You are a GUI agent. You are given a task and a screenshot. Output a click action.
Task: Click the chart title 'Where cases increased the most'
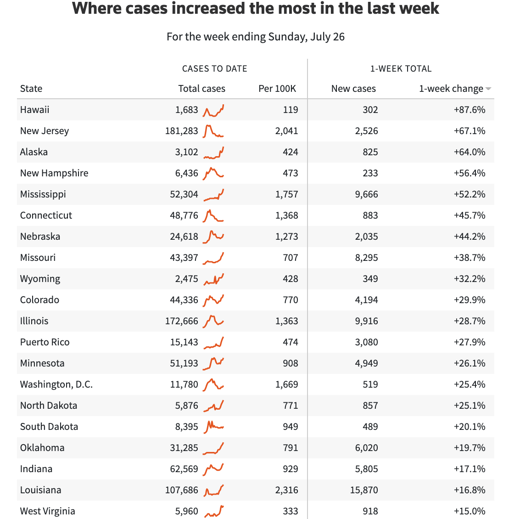(x=255, y=9)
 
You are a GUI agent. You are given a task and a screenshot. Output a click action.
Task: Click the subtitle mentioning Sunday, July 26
(x=255, y=37)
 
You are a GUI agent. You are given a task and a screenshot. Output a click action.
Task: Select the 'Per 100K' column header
(x=277, y=89)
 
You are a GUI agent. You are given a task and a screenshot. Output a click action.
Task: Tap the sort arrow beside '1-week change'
(x=488, y=89)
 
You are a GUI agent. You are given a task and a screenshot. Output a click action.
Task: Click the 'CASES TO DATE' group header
(x=214, y=69)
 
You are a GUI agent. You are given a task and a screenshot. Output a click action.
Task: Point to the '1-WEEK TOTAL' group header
(x=401, y=69)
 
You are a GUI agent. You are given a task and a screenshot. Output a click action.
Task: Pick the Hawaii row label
(x=35, y=110)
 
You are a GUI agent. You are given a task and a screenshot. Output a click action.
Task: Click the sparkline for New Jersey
(x=213, y=131)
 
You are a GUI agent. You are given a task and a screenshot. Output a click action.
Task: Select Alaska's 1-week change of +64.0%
(x=469, y=152)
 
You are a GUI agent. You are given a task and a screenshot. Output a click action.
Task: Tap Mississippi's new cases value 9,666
(x=366, y=194)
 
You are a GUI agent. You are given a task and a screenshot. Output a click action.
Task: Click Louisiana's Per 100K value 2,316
(x=286, y=490)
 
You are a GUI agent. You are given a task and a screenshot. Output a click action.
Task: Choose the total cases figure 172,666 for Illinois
(x=182, y=321)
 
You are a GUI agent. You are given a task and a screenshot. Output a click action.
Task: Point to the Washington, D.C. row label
(x=56, y=384)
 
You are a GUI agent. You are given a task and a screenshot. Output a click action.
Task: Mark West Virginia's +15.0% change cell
(x=469, y=511)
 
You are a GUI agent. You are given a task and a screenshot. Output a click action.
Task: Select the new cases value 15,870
(x=364, y=490)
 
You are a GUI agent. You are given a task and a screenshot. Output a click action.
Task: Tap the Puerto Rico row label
(x=45, y=342)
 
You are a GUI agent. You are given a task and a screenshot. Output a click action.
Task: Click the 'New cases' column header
(x=353, y=89)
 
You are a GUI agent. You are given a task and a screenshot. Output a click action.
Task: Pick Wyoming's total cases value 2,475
(x=186, y=279)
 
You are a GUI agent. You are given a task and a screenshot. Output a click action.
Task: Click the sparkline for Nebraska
(x=213, y=236)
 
